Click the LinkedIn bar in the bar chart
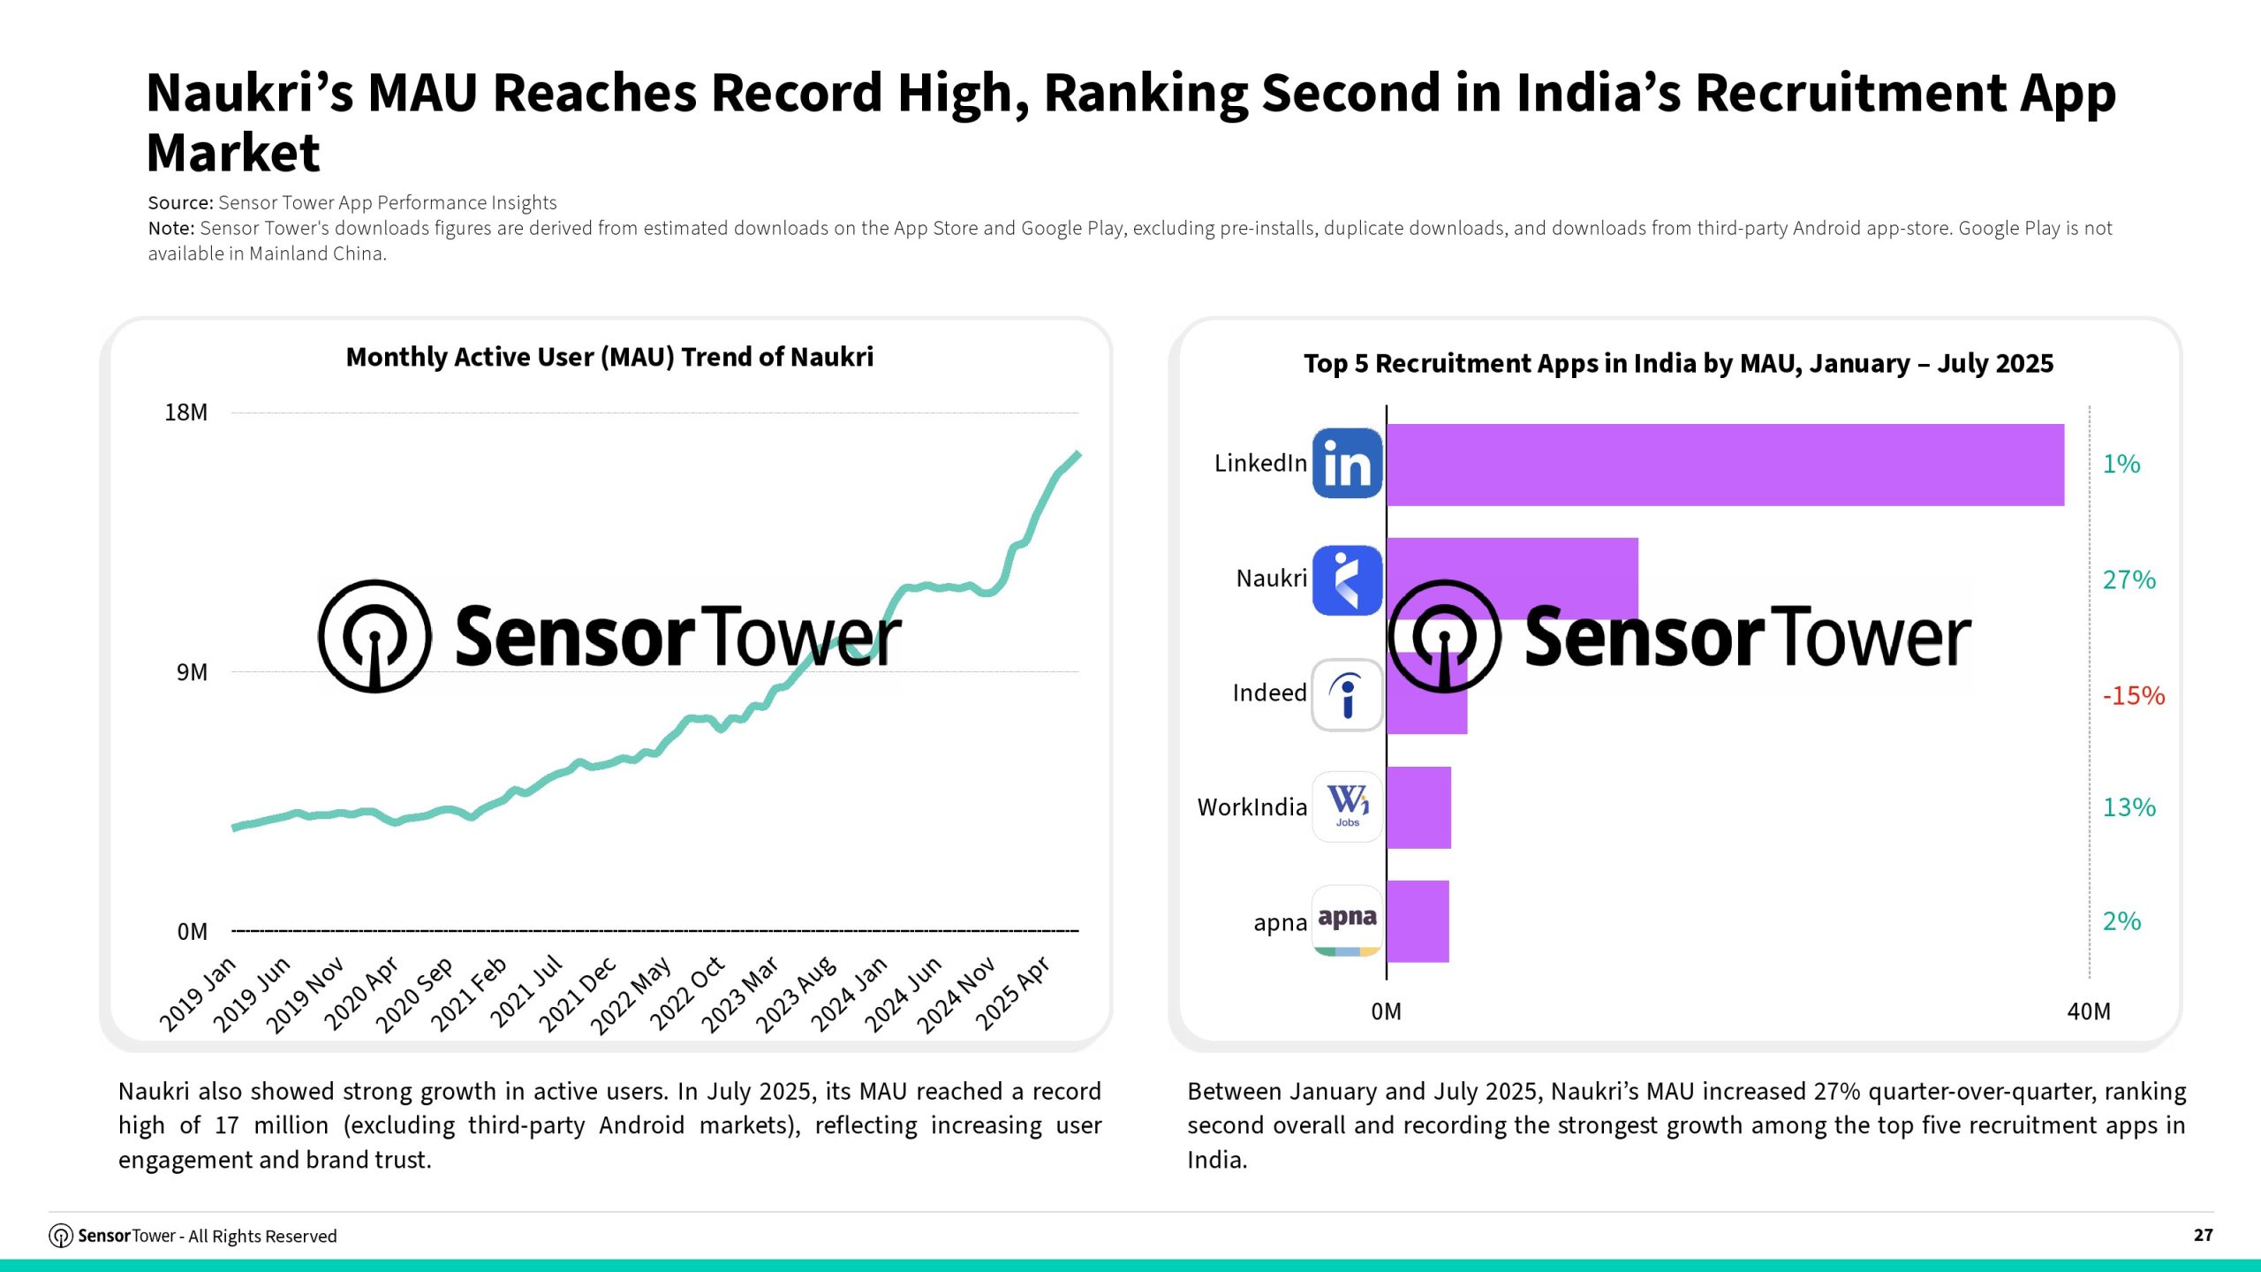[1724, 465]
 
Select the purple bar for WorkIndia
[1418, 807]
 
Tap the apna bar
[1418, 921]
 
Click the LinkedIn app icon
[1347, 464]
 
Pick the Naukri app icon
[1347, 579]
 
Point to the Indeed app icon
[1347, 694]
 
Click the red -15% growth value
[2133, 695]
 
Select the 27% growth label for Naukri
[2129, 579]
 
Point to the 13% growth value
[2129, 807]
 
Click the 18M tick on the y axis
[185, 413]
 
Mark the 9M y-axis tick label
[192, 672]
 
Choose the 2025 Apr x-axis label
[1013, 994]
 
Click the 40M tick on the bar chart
[2089, 1011]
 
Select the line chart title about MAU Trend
[609, 357]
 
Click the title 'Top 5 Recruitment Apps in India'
[1678, 363]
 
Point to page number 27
[2203, 1235]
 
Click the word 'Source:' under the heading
[180, 203]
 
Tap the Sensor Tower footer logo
[61, 1236]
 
